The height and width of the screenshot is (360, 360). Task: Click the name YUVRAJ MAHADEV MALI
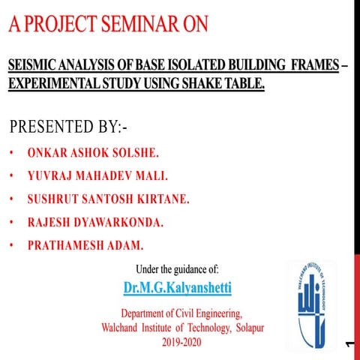(x=97, y=176)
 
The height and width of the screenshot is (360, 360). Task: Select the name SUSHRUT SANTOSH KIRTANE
(x=108, y=199)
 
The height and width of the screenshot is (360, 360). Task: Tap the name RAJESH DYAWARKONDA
(x=95, y=223)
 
